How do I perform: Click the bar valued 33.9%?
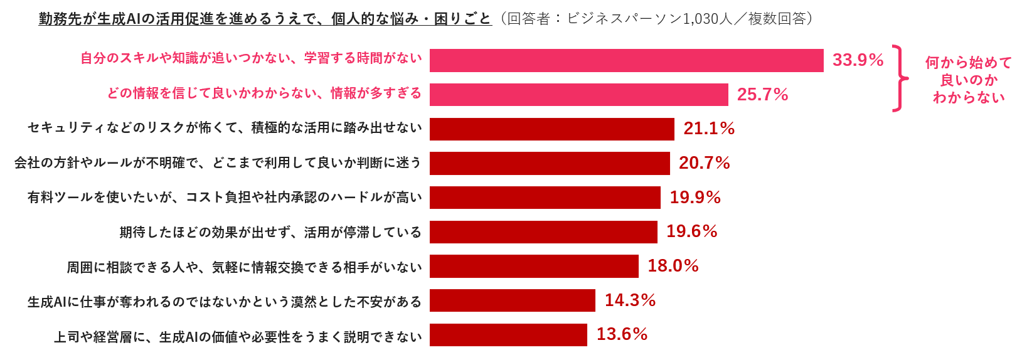point(626,60)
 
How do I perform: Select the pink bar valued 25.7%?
point(578,95)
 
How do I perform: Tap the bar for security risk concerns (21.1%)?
point(551,129)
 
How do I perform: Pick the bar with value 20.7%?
point(550,163)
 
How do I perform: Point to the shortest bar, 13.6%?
point(508,335)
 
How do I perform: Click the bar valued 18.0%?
point(534,266)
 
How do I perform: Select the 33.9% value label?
point(858,60)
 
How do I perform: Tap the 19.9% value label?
point(695,198)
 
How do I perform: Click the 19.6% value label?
point(691,231)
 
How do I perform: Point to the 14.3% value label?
point(630,300)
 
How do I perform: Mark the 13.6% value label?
point(622,334)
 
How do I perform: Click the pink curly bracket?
point(901,78)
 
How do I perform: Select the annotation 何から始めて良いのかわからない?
point(969,80)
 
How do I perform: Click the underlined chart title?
point(265,19)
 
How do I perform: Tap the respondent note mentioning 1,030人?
point(659,19)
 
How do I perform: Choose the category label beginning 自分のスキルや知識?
point(251,58)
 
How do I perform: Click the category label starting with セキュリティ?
point(225,128)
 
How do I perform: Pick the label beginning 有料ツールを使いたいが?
point(225,198)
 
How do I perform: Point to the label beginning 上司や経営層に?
point(238,337)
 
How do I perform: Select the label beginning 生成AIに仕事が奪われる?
point(225,302)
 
